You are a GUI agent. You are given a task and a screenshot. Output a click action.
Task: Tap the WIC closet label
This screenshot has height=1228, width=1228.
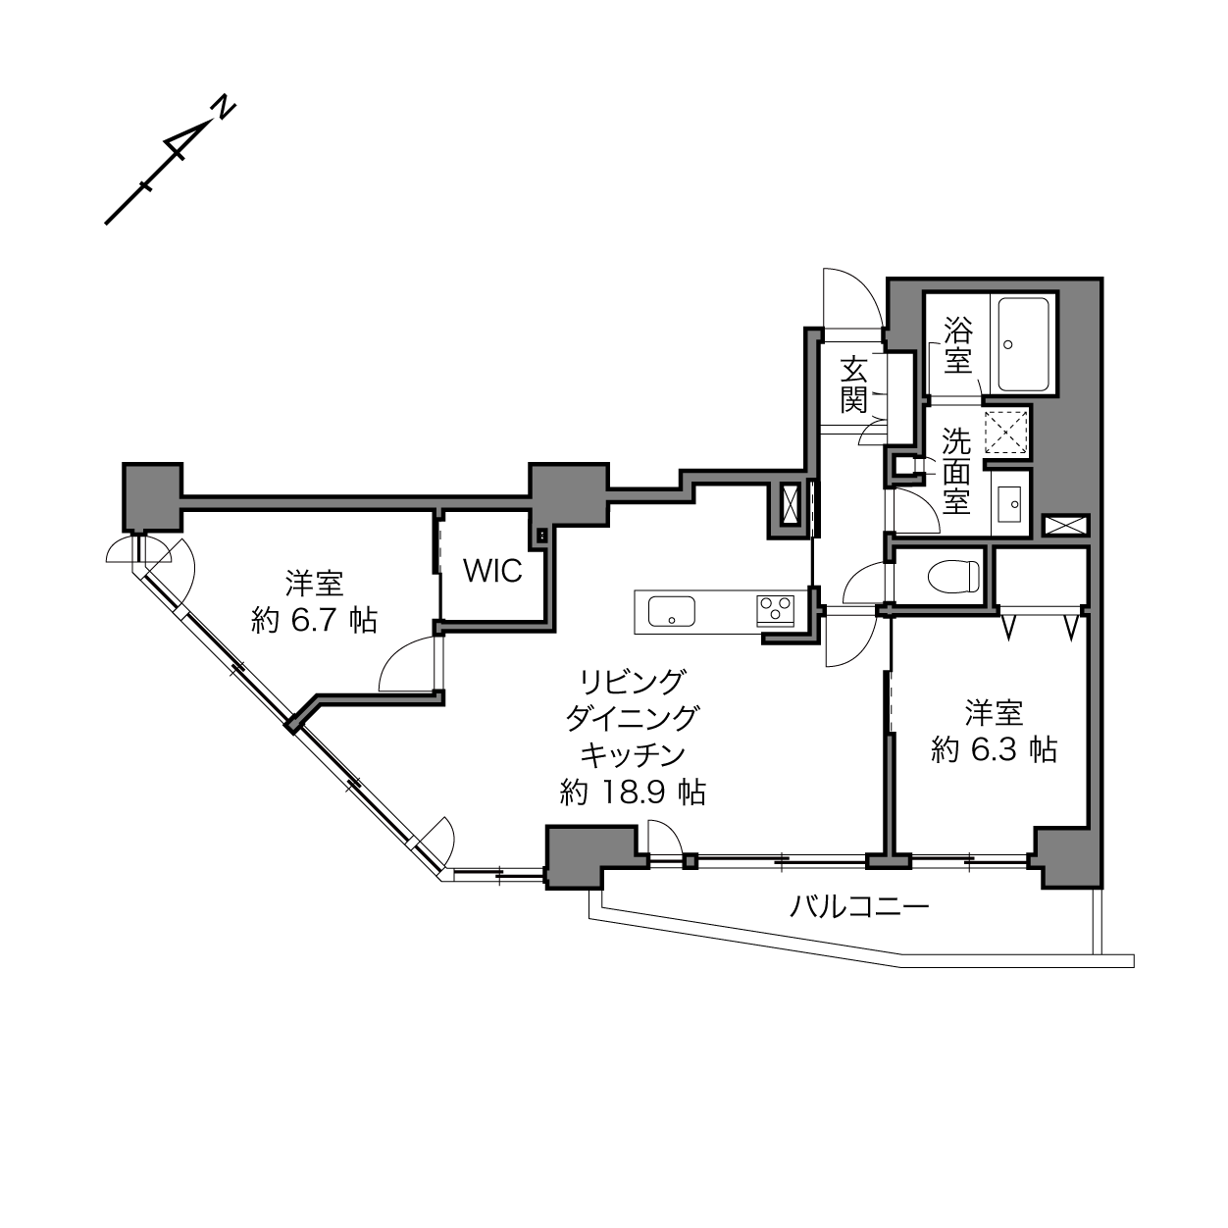pos(492,571)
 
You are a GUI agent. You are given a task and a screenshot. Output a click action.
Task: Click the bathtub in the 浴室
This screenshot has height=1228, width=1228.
pos(1023,344)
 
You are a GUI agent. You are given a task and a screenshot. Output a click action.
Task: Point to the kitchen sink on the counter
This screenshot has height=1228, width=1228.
pos(672,611)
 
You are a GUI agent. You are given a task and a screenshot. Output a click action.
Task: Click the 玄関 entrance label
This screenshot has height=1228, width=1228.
pos(854,385)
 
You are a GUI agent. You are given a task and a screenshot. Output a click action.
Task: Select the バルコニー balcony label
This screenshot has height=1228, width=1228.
pos(859,906)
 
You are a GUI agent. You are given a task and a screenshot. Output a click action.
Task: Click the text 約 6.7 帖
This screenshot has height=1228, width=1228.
pos(315,620)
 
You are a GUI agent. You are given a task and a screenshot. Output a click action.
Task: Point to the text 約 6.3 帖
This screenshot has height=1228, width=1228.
pos(995,750)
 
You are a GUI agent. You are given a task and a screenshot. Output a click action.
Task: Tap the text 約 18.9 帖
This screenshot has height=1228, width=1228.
pos(633,793)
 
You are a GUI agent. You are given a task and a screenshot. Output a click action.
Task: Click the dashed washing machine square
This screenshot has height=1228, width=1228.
pos(1006,432)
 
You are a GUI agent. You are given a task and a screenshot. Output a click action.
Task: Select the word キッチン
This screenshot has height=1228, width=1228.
pos(633,755)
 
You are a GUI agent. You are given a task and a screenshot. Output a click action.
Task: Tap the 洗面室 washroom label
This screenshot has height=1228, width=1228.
pos(956,471)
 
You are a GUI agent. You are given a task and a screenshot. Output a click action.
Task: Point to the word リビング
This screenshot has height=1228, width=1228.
pos(633,682)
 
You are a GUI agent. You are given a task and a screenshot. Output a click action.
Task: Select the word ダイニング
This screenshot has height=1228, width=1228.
pos(633,718)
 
